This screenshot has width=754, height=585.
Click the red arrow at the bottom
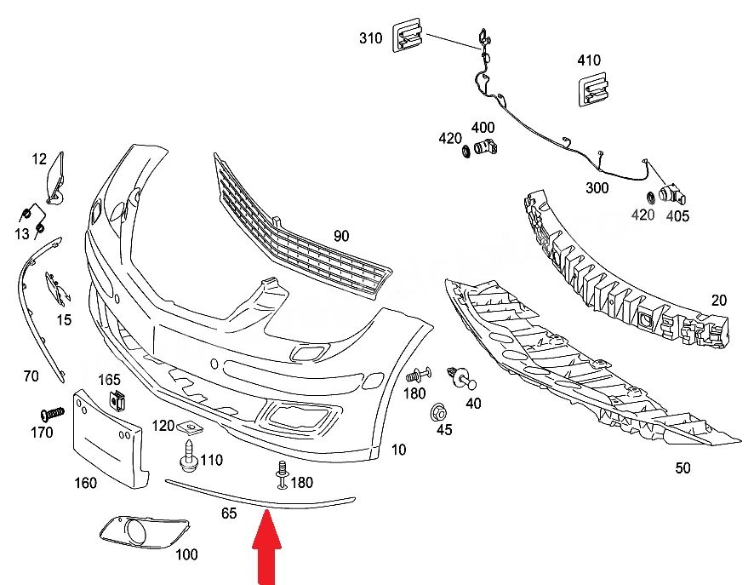[x=267, y=548]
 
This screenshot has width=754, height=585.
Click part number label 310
[x=371, y=38]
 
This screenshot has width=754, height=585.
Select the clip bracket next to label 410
[x=592, y=89]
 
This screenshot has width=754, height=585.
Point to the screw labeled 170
[x=53, y=414]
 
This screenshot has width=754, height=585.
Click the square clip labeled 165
[x=117, y=401]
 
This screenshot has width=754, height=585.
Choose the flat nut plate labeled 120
[x=190, y=427]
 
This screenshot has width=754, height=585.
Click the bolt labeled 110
[x=189, y=456]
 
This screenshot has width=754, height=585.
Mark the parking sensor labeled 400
[x=485, y=146]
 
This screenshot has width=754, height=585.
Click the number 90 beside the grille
[x=341, y=236]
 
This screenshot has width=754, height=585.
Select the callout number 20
[x=718, y=301]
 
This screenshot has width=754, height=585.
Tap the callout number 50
[x=683, y=468]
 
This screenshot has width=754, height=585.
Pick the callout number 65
[x=229, y=513]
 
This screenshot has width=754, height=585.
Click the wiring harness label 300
[x=597, y=187]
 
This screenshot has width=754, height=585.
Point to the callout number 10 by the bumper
[x=398, y=450]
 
